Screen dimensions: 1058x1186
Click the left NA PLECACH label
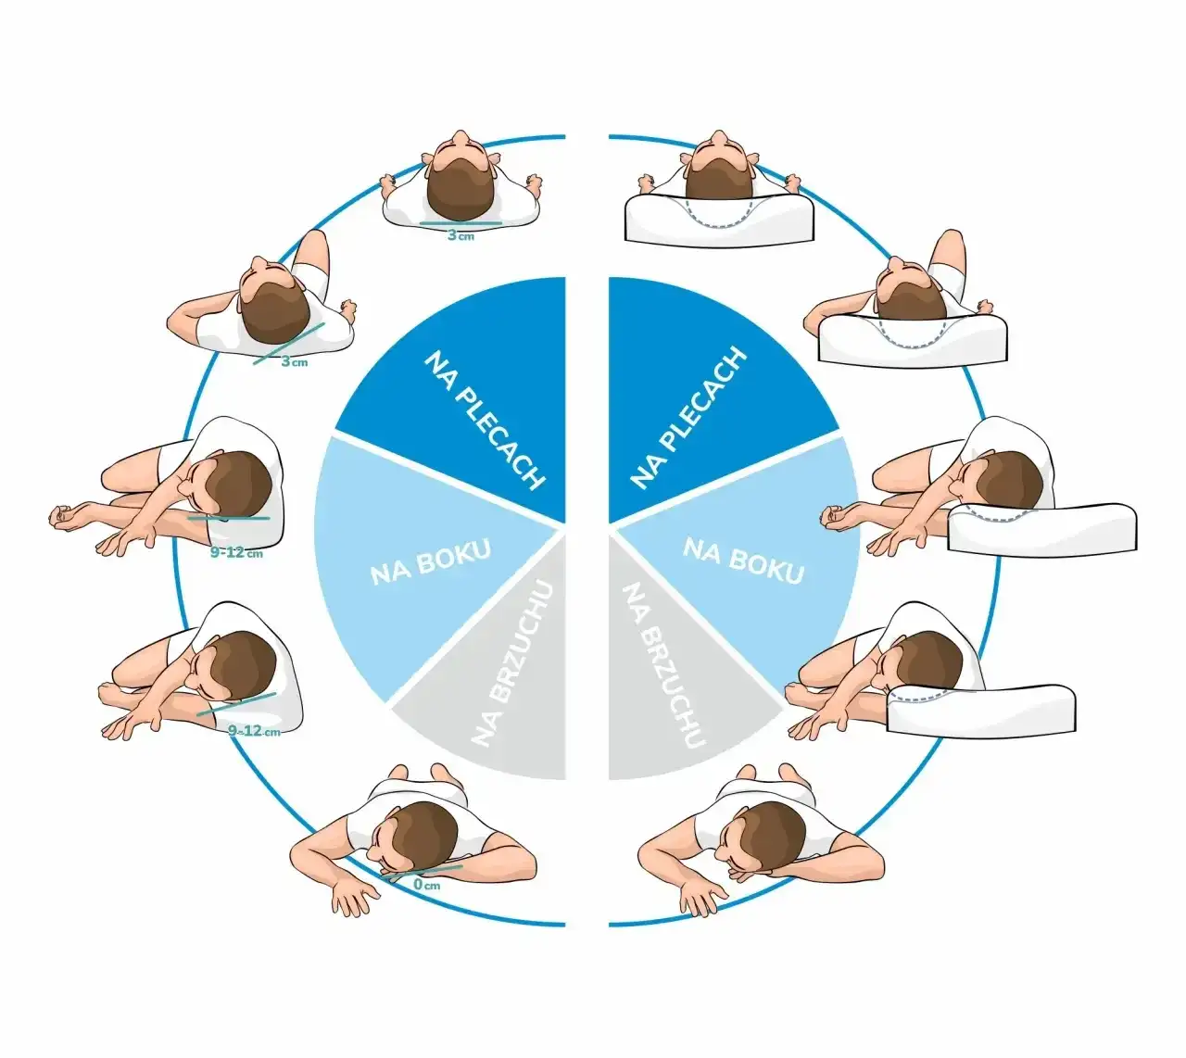pyautogui.click(x=484, y=419)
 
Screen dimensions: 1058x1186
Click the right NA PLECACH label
pyautogui.click(x=688, y=419)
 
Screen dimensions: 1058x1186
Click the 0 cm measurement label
pyautogui.click(x=426, y=885)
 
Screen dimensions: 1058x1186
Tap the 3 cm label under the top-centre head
pyautogui.click(x=461, y=236)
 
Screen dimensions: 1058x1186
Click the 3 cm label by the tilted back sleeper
pyautogui.click(x=295, y=361)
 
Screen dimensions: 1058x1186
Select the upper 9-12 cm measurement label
pyautogui.click(x=237, y=553)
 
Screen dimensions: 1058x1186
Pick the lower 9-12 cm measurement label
pyautogui.click(x=254, y=731)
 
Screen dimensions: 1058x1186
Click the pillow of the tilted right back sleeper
pyautogui.click(x=913, y=340)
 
